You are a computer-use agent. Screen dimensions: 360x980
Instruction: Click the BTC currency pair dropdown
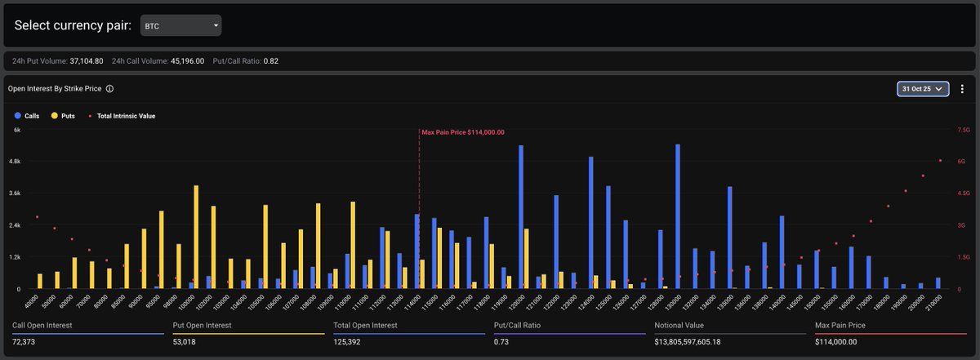180,25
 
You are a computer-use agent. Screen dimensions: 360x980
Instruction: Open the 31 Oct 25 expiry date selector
923,88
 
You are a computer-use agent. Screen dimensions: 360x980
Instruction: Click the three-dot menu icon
962,88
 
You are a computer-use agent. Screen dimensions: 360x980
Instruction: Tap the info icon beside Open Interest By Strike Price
109,88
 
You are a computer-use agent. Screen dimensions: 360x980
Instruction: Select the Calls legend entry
26,116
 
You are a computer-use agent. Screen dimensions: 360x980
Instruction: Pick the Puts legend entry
63,116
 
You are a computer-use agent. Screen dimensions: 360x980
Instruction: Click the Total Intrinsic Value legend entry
122,116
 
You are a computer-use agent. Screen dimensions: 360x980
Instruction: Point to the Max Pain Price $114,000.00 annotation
463,132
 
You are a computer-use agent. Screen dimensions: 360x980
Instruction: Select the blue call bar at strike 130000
678,216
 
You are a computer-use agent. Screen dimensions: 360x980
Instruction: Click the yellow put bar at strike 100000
196,237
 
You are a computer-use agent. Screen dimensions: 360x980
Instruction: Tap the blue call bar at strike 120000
521,217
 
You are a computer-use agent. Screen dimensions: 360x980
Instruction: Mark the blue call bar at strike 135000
729,237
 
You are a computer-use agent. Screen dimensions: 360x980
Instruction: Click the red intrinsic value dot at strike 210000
940,161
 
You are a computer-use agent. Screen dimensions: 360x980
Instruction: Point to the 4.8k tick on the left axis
16,162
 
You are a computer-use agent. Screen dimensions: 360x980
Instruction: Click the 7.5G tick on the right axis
962,130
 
